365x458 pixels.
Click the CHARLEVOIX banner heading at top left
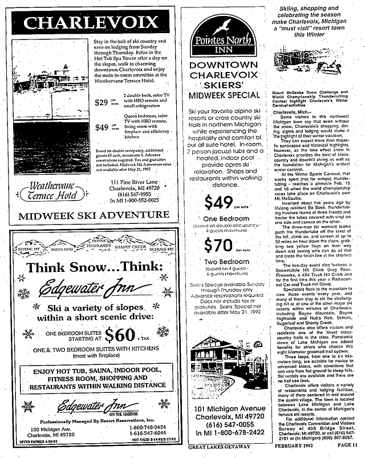point(92,22)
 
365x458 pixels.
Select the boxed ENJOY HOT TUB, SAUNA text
point(91,377)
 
